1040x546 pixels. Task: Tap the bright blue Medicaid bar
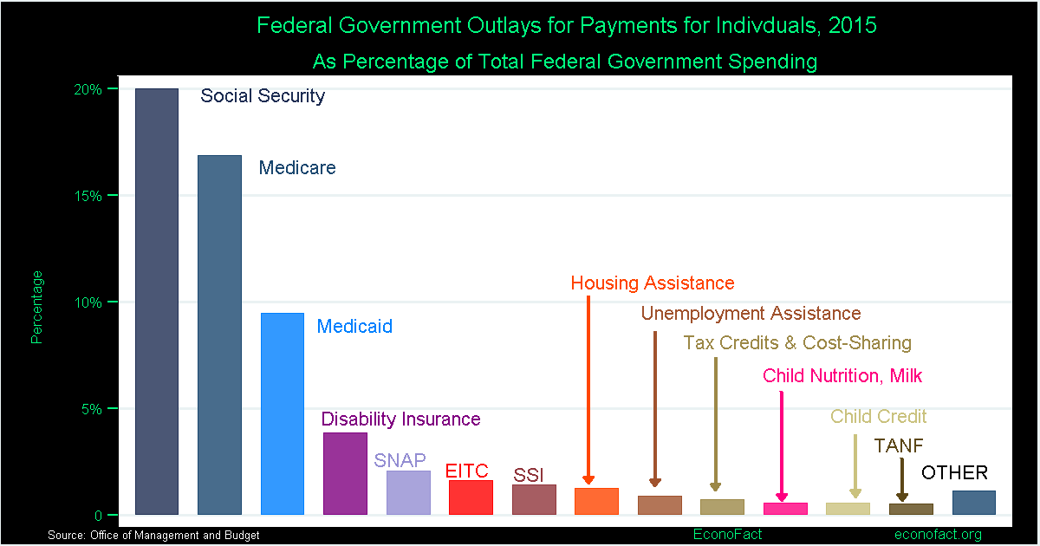click(283, 413)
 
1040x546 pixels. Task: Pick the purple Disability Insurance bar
click(345, 473)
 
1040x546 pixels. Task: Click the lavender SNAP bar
click(408, 492)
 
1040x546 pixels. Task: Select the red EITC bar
click(471, 497)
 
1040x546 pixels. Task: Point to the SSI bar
click(534, 499)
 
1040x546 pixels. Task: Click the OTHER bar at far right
click(973, 503)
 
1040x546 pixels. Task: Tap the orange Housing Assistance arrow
click(588, 390)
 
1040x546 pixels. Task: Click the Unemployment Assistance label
click(751, 313)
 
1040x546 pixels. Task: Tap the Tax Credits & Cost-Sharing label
click(797, 342)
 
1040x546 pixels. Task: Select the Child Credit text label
click(878, 417)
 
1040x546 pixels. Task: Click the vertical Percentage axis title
click(36, 307)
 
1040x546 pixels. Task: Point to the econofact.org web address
click(938, 535)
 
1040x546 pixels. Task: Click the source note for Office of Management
click(154, 536)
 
